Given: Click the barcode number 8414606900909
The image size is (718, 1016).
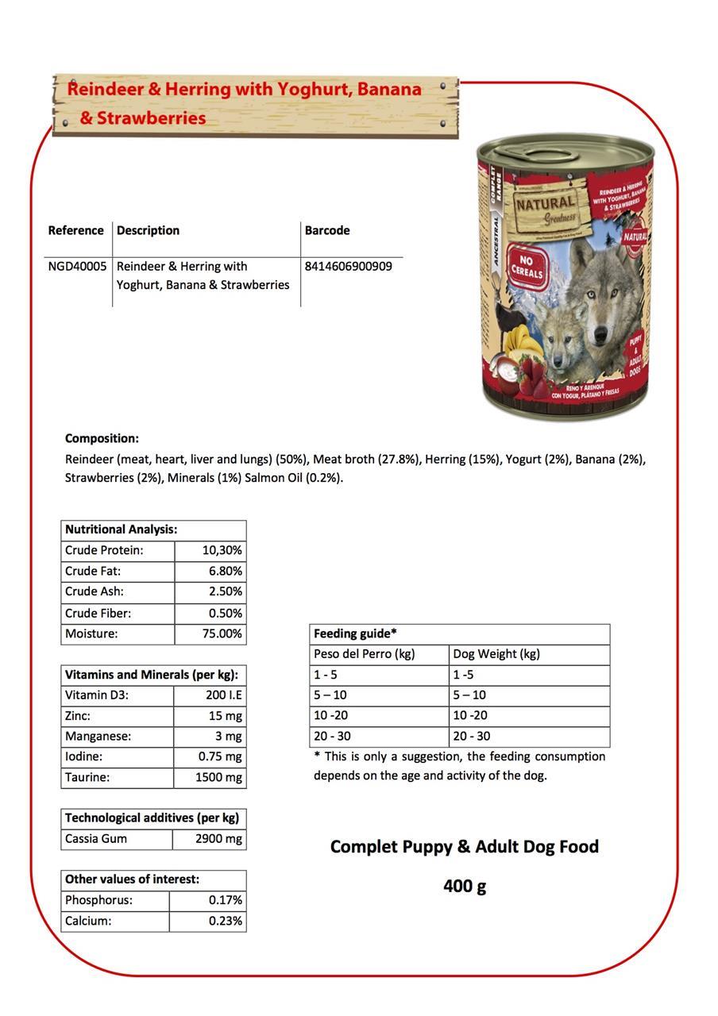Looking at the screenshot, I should tap(348, 266).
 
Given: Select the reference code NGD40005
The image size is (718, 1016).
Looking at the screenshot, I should tap(77, 266).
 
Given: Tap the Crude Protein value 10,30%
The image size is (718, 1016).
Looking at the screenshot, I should tap(222, 550).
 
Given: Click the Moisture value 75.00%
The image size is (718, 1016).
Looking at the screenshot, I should tap(221, 633).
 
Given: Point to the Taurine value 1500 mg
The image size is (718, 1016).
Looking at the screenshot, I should tap(218, 777).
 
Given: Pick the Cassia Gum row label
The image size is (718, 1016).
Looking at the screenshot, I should tap(96, 838).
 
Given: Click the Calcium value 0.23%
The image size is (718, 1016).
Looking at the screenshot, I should tap(226, 921).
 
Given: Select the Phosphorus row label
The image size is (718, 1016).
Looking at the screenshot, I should tap(98, 900).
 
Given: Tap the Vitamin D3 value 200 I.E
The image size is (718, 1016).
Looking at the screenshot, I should tap(224, 695).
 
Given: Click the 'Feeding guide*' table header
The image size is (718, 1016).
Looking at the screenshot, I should tap(355, 633).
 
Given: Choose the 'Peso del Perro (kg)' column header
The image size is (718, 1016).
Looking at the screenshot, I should tap(365, 654).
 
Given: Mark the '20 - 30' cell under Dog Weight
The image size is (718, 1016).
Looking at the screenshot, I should tap(472, 736).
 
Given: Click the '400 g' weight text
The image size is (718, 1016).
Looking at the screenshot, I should tap(465, 885).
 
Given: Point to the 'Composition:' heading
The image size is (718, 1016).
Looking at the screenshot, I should tap(102, 438).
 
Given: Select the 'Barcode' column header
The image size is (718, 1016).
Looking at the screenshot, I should tap(327, 230).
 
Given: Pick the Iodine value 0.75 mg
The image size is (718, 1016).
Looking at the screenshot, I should tap(220, 756).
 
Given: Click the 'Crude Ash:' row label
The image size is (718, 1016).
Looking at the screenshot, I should tap(95, 591).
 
